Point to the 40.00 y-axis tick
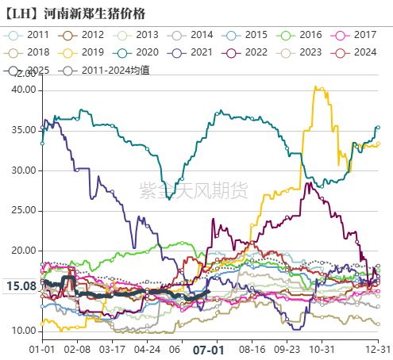pyautogui.click(x=24, y=90)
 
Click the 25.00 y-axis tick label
pyautogui.click(x=24, y=210)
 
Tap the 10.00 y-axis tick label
pyautogui.click(x=24, y=330)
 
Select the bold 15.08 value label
pyautogui.click(x=21, y=286)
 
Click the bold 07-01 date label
pyautogui.click(x=209, y=349)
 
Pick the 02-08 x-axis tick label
pyautogui.click(x=77, y=349)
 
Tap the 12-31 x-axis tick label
pyautogui.click(x=377, y=349)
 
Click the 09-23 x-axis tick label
pyautogui.click(x=287, y=349)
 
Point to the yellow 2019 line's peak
pyautogui.click(x=318, y=88)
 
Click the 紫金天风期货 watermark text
pyautogui.click(x=194, y=190)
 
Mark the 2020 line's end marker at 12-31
pyautogui.click(x=378, y=127)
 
